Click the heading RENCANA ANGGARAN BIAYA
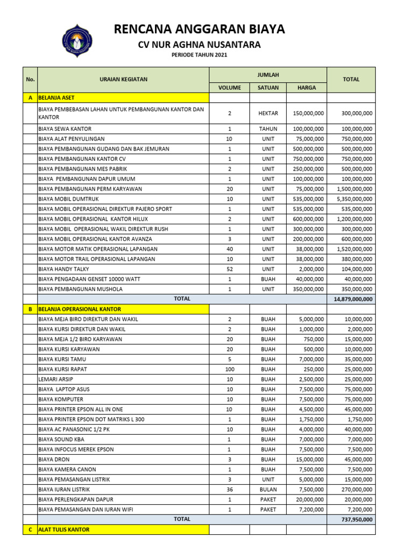[x=200, y=29]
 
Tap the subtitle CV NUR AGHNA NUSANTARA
[x=200, y=45]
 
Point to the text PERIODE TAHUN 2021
[x=200, y=55]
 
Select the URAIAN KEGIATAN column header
[x=123, y=80]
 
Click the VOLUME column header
[x=230, y=88]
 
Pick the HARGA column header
[x=307, y=88]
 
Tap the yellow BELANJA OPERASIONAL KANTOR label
[x=80, y=309]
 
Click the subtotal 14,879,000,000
[x=352, y=299]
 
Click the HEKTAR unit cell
[x=268, y=114]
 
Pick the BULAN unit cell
[x=268, y=490]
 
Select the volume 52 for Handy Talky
[x=230, y=269]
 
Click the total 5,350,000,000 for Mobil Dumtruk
[x=352, y=199]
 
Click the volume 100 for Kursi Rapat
[x=230, y=369]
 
